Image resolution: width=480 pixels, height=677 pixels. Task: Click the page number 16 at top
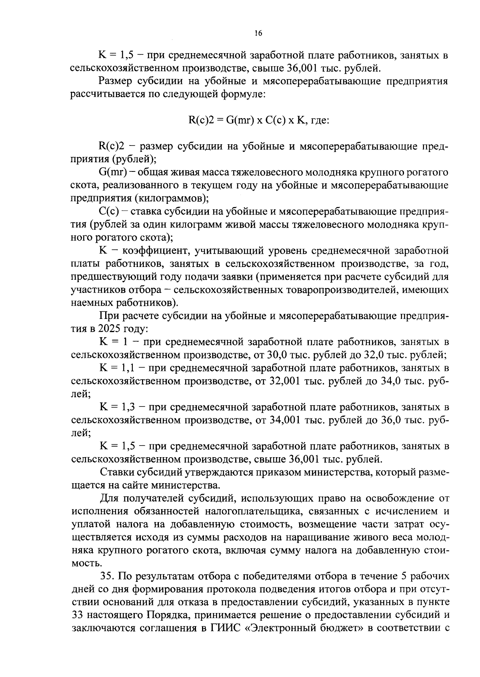pyautogui.click(x=258, y=34)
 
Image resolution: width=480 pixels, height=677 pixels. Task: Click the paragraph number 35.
pyautogui.click(x=107, y=576)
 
